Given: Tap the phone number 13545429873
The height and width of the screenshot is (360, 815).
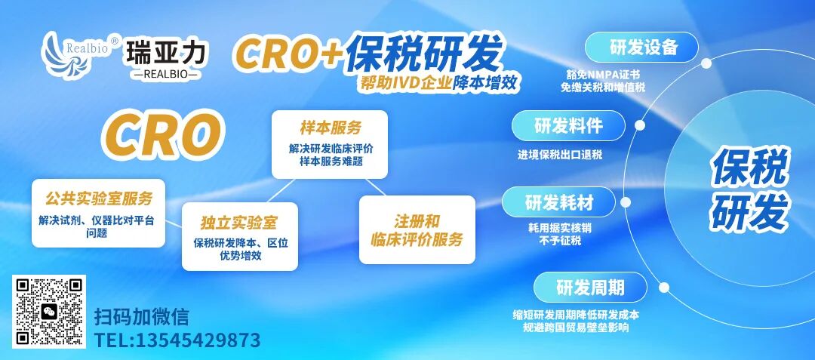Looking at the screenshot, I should click(x=177, y=340).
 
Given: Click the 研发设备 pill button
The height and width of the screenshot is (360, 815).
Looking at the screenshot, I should click(x=644, y=48).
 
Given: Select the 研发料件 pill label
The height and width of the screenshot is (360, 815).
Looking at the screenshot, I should click(x=568, y=126).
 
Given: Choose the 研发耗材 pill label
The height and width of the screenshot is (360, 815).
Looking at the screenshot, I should click(x=558, y=202).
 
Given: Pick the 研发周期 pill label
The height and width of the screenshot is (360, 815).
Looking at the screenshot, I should click(x=590, y=288).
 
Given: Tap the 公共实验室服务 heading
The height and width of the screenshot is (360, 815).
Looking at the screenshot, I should click(x=99, y=198).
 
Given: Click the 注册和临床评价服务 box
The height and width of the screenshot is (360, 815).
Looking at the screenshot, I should click(x=417, y=230).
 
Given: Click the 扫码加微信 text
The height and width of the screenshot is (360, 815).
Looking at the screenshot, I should click(x=141, y=315).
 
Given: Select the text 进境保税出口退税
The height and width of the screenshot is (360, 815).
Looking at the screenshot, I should click(x=560, y=155).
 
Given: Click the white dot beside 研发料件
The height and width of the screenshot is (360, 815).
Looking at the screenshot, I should click(x=639, y=125).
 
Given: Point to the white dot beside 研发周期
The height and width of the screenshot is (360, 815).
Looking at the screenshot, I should click(x=663, y=287).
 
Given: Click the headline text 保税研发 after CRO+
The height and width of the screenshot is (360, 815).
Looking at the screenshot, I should click(x=424, y=52).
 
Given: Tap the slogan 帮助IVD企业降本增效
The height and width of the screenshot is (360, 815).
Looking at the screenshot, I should click(x=440, y=83).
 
